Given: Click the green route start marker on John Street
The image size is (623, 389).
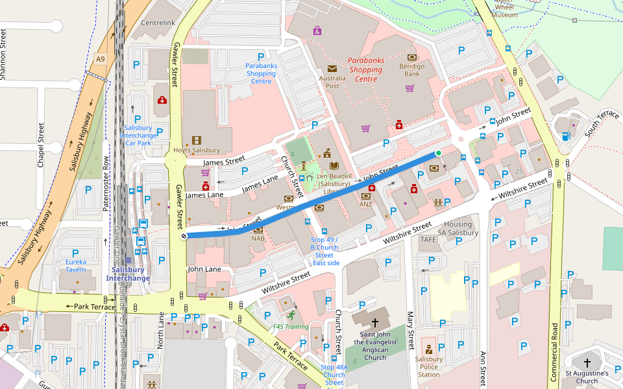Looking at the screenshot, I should (439, 153).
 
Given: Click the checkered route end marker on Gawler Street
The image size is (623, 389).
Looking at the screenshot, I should (184, 236).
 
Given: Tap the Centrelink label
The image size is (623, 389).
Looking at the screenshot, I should (158, 23).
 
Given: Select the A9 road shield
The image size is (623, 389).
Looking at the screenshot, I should (99, 59).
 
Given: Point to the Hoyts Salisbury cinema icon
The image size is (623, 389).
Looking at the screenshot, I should (196, 140).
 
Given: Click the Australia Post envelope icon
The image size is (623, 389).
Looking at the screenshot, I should (333, 68).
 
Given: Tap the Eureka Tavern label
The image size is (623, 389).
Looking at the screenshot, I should (75, 266).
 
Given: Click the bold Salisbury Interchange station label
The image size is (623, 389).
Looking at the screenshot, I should (128, 274).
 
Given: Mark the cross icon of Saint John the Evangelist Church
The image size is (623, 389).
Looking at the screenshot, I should (374, 322).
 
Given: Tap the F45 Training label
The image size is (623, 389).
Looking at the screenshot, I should (290, 327).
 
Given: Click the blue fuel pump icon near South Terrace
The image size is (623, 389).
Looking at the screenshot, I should (567, 136).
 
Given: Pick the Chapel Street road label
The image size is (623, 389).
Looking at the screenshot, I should (41, 146).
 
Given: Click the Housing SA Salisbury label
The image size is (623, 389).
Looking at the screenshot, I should (458, 228).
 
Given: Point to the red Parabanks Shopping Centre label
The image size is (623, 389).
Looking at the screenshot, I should (365, 69).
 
